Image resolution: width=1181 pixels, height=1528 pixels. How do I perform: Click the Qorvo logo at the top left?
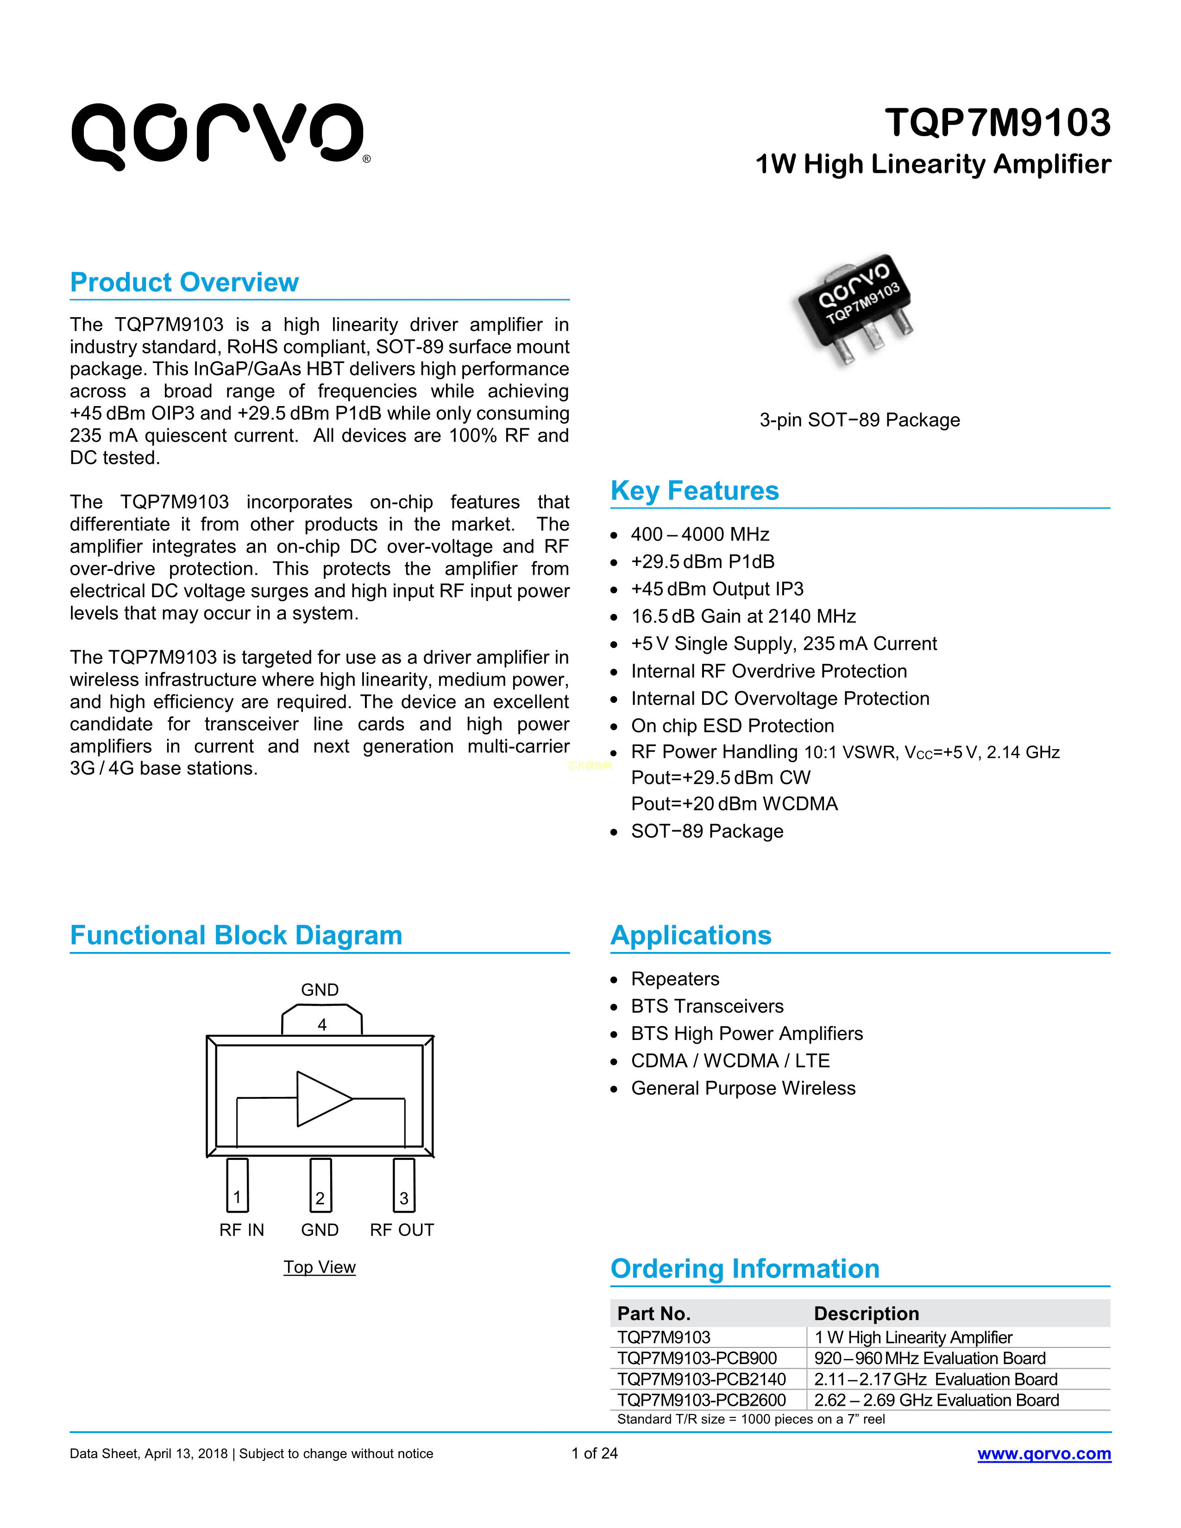218,135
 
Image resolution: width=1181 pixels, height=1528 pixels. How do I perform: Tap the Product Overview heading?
185,282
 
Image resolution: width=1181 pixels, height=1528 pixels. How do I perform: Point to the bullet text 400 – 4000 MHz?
700,534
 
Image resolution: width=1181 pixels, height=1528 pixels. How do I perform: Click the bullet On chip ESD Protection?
732,726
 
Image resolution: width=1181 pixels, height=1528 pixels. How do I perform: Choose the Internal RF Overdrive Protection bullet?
768,671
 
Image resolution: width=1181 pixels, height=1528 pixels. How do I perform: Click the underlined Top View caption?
319,1267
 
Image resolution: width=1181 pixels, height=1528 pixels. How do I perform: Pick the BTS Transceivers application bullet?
707,1006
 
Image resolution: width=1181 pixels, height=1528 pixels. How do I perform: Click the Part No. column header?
653,1313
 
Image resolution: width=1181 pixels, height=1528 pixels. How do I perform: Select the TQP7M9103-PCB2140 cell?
701,1379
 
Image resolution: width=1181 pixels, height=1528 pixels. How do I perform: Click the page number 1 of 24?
594,1453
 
